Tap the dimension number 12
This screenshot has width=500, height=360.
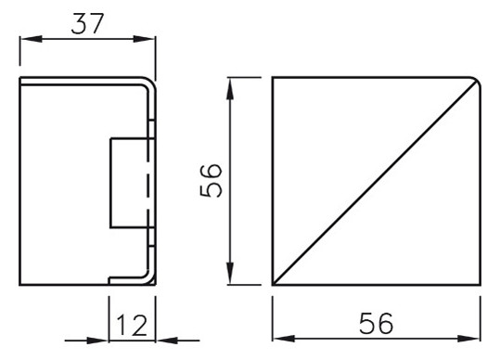click(132, 327)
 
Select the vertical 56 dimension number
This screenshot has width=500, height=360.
click(212, 181)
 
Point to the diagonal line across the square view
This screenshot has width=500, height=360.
click(375, 182)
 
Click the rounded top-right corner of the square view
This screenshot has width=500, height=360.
click(473, 82)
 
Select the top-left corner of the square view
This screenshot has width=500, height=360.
click(273, 78)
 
